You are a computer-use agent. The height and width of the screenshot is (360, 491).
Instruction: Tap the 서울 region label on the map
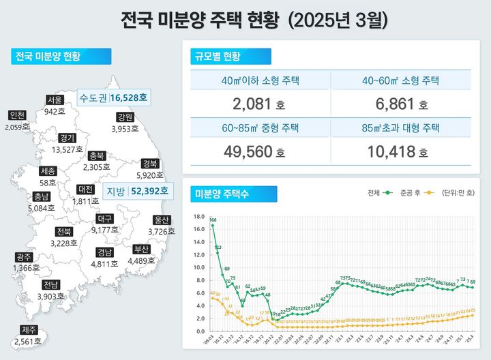pyautogui.click(x=55, y=100)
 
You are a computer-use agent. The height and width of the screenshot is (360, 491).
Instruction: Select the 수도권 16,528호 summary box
pyautogui.click(x=113, y=98)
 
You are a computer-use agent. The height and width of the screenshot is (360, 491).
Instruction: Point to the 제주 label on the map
pyautogui.click(x=25, y=330)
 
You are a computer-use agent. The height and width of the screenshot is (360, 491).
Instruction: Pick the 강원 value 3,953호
pyautogui.click(x=125, y=128)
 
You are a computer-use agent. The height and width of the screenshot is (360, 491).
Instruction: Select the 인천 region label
pyautogui.click(x=18, y=115)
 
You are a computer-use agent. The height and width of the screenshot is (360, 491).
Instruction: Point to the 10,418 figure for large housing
pyautogui.click(x=400, y=151)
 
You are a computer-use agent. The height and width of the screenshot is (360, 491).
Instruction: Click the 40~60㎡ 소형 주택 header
pyautogui.click(x=400, y=80)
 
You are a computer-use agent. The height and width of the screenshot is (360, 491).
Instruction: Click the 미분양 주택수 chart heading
pyautogui.click(x=222, y=194)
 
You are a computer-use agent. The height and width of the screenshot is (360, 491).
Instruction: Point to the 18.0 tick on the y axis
pyautogui.click(x=199, y=217)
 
